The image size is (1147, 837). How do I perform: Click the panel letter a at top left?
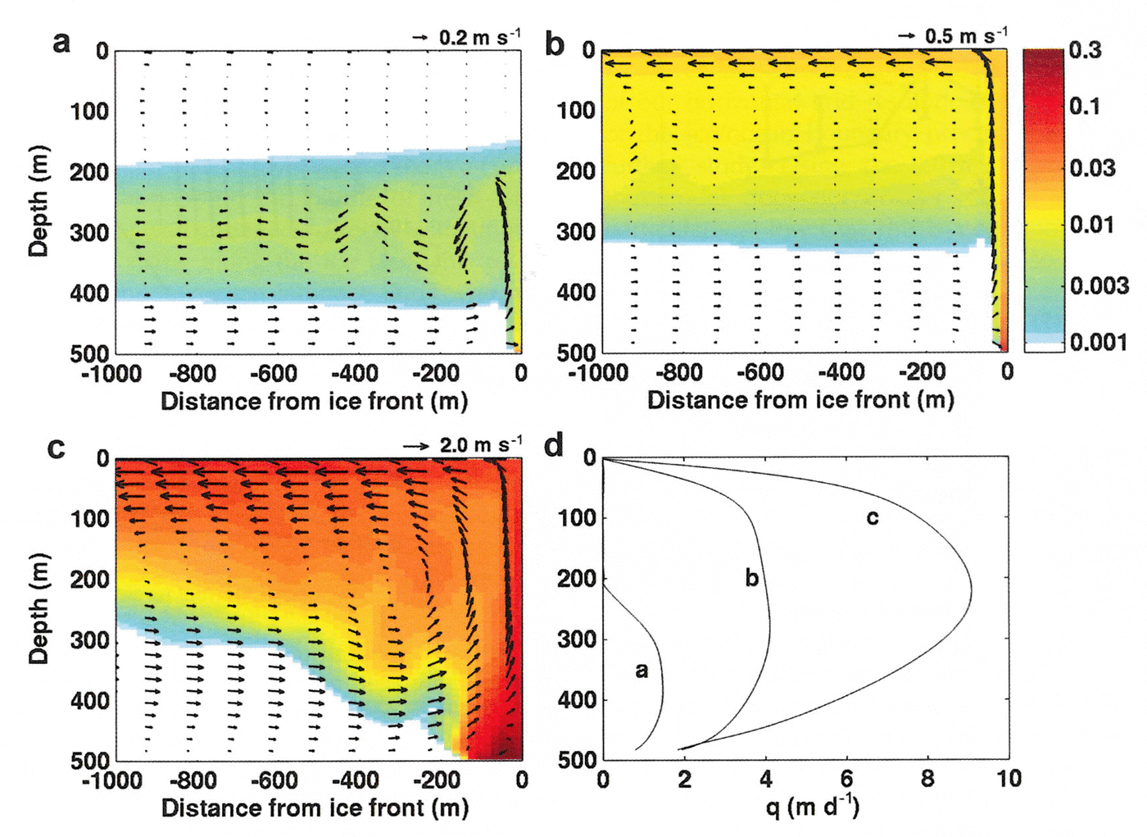coord(61,41)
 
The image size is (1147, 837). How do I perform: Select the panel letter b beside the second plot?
coord(555,44)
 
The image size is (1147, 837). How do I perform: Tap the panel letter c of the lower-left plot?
coord(56,448)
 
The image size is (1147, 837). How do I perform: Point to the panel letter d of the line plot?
coord(555,445)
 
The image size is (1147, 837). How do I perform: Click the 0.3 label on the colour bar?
coord(1086,51)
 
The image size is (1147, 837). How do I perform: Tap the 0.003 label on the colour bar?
coord(1099,285)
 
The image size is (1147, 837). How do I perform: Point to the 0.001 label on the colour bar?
coord(1099,342)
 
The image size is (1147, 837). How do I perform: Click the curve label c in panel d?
coord(873,517)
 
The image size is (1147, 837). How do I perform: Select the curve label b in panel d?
coord(751,578)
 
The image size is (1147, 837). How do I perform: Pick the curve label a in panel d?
coord(642,671)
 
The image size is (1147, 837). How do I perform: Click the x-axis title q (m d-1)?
coord(812,807)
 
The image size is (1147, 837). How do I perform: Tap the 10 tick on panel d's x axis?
coord(1009,779)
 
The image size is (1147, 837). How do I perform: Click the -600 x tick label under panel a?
coord(273,374)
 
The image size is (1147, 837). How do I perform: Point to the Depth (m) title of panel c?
coord(39,608)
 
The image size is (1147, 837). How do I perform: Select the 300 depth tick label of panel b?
coord(576,232)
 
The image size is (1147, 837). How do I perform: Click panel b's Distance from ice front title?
coord(800,400)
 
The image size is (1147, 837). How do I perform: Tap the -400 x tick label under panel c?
coord(354,780)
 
